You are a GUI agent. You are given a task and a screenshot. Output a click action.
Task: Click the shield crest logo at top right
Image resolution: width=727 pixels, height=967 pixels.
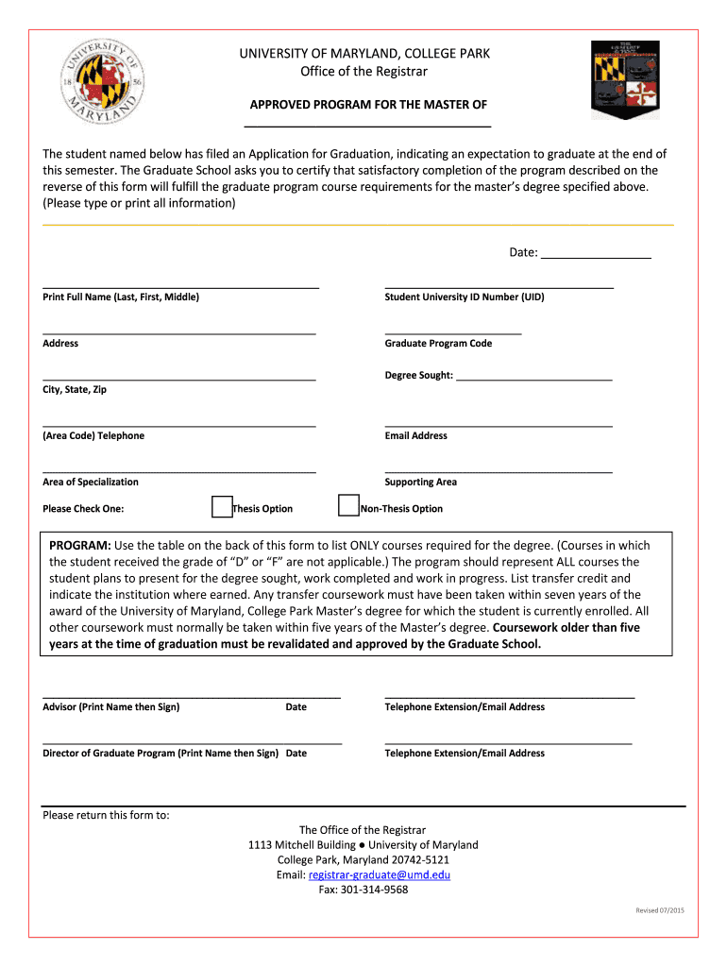coord(624,79)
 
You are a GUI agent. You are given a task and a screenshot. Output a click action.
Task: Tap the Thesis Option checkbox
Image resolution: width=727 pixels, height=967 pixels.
coord(222,507)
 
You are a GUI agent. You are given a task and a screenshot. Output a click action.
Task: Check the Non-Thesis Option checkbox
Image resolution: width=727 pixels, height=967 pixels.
coord(348,507)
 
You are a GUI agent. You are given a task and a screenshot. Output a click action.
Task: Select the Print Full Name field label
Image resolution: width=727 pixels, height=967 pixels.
coord(121,297)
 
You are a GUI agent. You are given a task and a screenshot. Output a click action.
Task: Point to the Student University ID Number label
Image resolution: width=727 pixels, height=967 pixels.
coord(464,297)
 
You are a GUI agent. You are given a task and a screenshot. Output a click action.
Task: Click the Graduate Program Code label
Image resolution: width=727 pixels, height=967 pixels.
coord(438,344)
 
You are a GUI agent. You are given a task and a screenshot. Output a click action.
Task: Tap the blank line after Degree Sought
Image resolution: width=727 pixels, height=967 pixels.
coord(533,375)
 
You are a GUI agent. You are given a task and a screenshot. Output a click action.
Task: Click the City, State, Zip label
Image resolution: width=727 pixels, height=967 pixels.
coord(75,390)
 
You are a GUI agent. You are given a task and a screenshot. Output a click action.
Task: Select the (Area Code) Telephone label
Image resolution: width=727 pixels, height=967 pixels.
coord(93,436)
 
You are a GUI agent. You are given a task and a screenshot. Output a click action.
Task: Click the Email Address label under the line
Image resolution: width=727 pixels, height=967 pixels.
coord(415,436)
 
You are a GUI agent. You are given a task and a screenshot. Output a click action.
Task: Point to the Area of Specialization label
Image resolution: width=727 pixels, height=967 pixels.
coord(91,483)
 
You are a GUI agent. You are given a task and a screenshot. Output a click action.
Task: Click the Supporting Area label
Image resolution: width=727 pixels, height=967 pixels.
coord(420,483)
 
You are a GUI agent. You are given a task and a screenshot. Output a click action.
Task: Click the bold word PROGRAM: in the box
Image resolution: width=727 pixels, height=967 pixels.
coord(80,546)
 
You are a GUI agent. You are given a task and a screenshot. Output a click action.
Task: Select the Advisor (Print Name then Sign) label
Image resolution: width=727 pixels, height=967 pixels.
coord(111,707)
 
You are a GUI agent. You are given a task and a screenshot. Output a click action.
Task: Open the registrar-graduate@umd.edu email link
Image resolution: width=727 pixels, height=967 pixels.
coord(379,875)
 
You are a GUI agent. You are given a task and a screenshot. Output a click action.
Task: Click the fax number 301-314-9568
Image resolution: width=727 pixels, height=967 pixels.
coord(374,890)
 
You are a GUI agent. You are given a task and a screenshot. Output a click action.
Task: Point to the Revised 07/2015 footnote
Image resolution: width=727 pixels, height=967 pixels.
coord(659,910)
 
